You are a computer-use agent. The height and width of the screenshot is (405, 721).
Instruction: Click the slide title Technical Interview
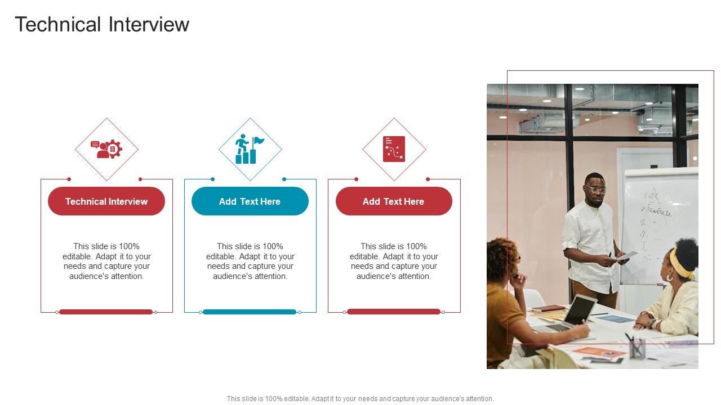pyautogui.click(x=102, y=25)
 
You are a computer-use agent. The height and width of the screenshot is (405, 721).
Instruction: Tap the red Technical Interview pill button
pyautogui.click(x=106, y=201)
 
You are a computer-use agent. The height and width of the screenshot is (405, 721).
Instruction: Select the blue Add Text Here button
pyautogui.click(x=250, y=201)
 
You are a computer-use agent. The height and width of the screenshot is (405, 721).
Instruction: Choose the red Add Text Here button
pyautogui.click(x=393, y=201)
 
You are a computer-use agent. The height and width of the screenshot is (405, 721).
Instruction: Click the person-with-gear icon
pyautogui.click(x=106, y=149)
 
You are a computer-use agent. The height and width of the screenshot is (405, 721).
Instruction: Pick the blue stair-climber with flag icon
pyautogui.click(x=250, y=149)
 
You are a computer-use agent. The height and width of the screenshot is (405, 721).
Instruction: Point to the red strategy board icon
pyautogui.click(x=394, y=149)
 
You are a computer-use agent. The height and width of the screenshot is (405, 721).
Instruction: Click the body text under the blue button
pyautogui.click(x=250, y=261)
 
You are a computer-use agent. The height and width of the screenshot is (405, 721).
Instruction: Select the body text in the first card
pyautogui.click(x=106, y=261)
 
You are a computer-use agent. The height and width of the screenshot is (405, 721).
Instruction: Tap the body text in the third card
pyautogui.click(x=394, y=261)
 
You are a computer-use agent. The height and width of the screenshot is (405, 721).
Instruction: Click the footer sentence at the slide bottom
pyautogui.click(x=360, y=398)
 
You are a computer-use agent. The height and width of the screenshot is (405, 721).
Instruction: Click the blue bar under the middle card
pyautogui.click(x=250, y=312)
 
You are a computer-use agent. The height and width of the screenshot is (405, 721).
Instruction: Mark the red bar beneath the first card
pyautogui.click(x=106, y=312)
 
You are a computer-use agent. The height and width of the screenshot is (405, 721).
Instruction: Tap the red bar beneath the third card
pyautogui.click(x=394, y=312)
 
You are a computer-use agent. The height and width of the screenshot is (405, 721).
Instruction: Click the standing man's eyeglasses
pyautogui.click(x=595, y=190)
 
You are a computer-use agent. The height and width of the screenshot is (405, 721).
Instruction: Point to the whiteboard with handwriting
pyautogui.click(x=659, y=225)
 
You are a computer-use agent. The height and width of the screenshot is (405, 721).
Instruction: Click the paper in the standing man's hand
pyautogui.click(x=627, y=256)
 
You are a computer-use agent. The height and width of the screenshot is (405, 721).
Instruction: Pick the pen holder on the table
pyautogui.click(x=637, y=349)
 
